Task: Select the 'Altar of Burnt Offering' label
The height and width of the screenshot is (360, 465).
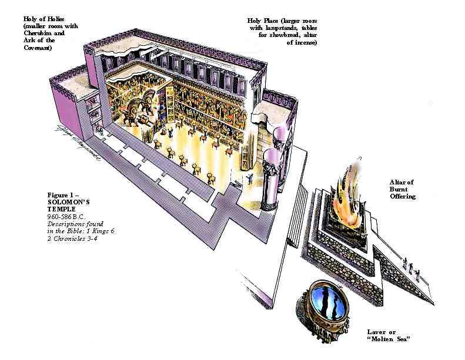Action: pos(402,189)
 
